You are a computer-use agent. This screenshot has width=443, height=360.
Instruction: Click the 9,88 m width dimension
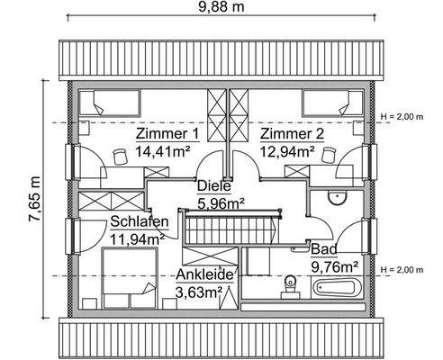221,9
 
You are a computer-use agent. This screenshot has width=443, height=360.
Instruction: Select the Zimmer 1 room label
167,134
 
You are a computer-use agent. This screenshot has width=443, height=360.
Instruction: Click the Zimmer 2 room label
292,134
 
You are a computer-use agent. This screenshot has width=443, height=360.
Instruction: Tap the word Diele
214,186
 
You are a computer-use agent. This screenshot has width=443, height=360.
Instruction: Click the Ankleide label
205,275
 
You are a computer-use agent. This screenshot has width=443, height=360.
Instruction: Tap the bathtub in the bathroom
335,290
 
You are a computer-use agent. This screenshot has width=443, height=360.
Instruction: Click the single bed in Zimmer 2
331,101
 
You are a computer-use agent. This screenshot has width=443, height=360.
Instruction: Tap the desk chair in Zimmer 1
119,157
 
